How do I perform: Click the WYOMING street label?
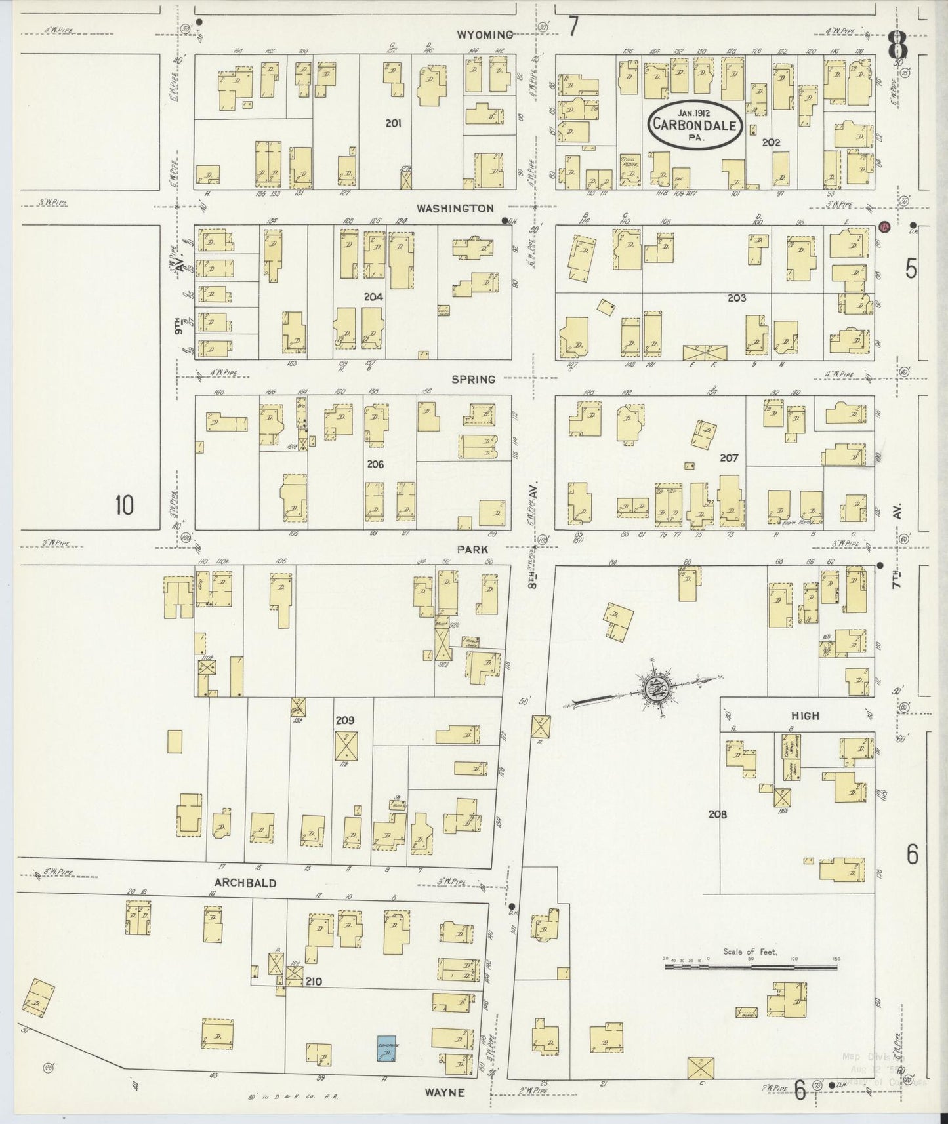point(484,34)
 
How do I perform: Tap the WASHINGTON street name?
point(455,208)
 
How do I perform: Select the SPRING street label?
point(473,379)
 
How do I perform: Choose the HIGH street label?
point(804,715)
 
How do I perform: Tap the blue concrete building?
point(386,1049)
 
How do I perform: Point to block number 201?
point(394,123)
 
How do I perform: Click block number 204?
point(373,297)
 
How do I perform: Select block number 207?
point(729,458)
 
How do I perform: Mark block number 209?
point(345,720)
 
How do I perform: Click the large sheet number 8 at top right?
point(897,47)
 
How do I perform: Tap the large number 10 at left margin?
point(124,506)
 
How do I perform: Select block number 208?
point(718,814)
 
